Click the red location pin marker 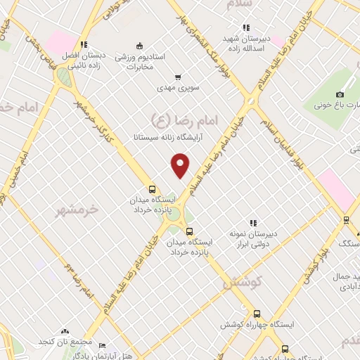click(x=181, y=165)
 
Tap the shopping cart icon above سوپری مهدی click(x=178, y=77)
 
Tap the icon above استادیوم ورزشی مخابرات click(x=139, y=46)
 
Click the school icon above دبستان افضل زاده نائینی click(x=83, y=44)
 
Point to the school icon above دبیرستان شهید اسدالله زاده click(x=245, y=28)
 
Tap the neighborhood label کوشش click(x=242, y=283)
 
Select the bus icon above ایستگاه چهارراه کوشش click(x=257, y=314)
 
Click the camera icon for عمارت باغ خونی click(x=340, y=95)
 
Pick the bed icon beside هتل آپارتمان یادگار click(x=102, y=346)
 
